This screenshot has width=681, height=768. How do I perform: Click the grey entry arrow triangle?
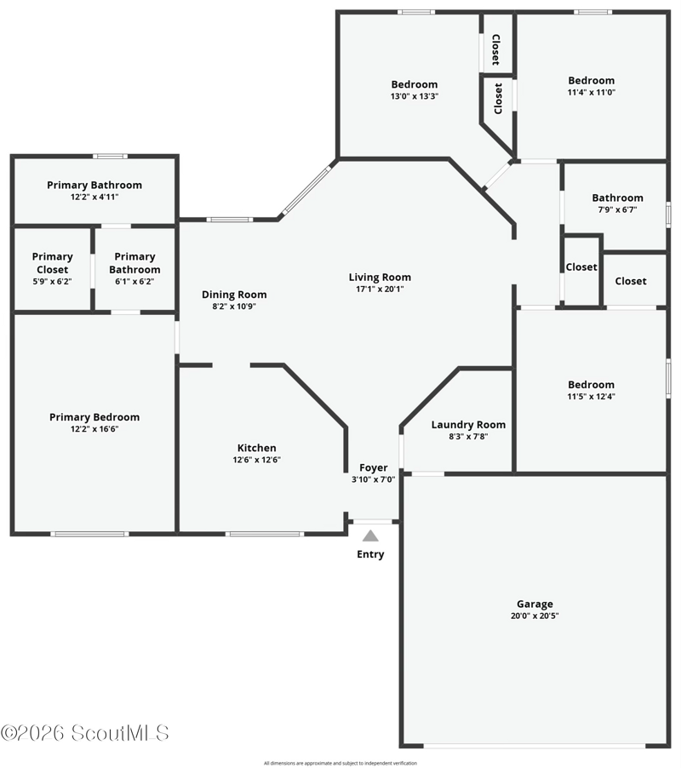(x=370, y=536)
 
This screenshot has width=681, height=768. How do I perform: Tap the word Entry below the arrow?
(x=370, y=554)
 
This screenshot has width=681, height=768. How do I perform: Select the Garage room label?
(x=535, y=605)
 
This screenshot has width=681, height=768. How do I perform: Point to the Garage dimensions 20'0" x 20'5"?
(x=535, y=616)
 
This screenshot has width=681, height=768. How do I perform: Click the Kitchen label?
(x=256, y=448)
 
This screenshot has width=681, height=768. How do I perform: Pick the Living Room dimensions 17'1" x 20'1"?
(x=380, y=289)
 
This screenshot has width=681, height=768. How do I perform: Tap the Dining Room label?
(x=234, y=295)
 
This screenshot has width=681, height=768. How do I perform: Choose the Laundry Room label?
(x=468, y=425)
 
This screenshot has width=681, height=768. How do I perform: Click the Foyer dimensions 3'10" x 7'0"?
(x=373, y=479)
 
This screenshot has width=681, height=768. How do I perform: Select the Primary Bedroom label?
(x=94, y=417)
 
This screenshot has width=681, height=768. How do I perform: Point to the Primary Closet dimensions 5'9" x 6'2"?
(x=53, y=282)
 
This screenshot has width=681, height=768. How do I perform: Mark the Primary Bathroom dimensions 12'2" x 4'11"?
(x=94, y=198)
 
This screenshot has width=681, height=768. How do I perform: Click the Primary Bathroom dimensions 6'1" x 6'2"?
(x=134, y=282)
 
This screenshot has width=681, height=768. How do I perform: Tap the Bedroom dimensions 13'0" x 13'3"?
(x=415, y=96)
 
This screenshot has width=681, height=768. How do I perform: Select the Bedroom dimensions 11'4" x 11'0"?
(x=592, y=93)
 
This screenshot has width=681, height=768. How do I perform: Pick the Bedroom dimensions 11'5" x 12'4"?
(x=592, y=397)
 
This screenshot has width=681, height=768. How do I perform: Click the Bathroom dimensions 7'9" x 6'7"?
(x=617, y=210)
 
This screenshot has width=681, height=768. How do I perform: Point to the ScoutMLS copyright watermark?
(x=84, y=733)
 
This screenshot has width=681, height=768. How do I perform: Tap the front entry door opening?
(x=373, y=522)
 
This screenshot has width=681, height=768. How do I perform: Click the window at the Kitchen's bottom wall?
(x=265, y=534)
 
